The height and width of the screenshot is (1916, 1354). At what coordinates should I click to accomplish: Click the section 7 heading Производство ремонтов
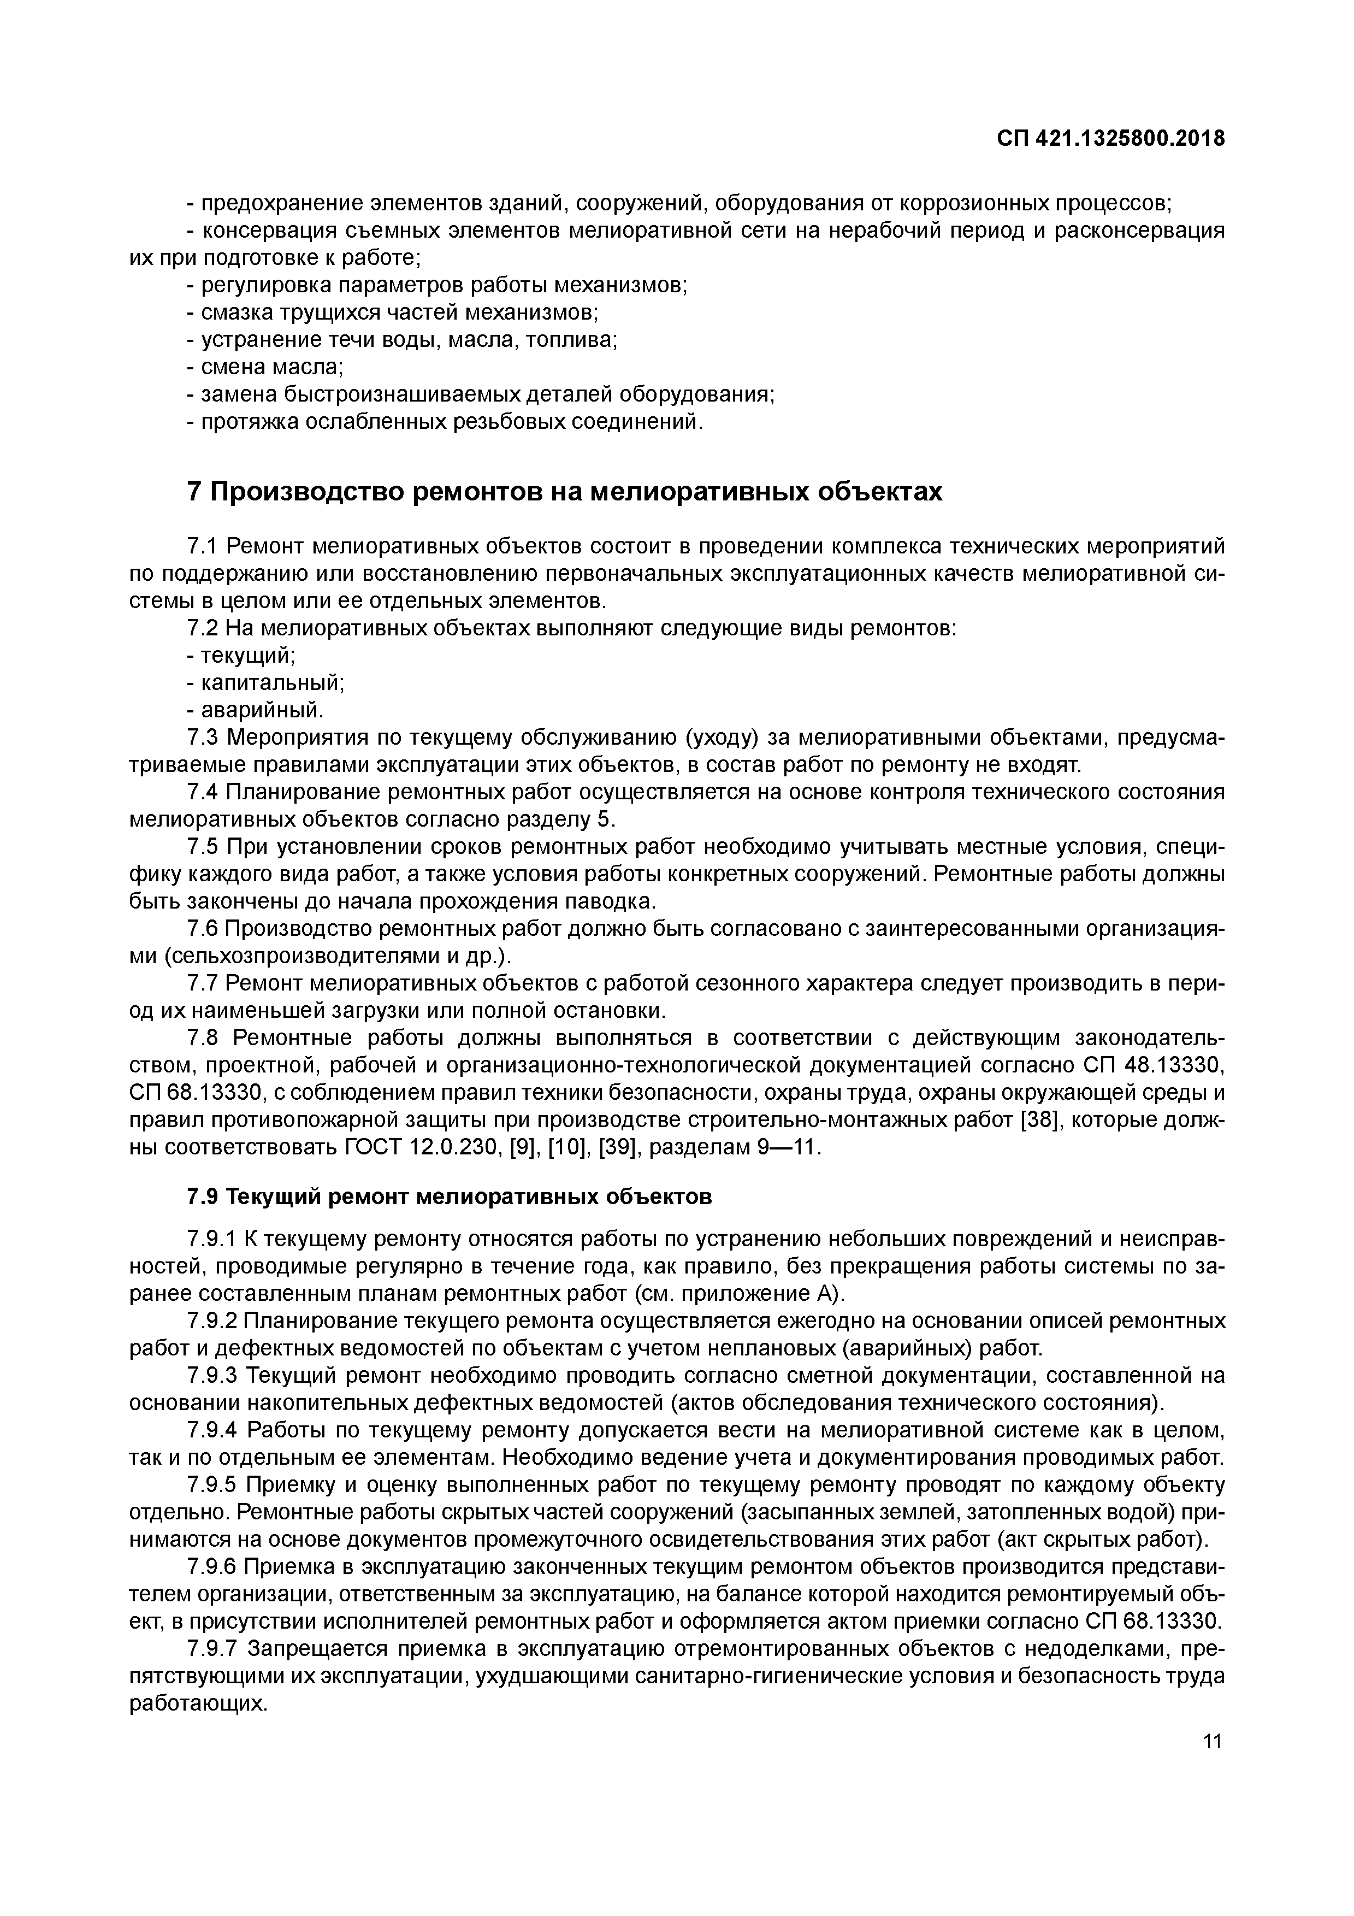[x=565, y=492]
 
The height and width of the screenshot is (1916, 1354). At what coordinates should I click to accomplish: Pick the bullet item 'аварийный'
[x=255, y=710]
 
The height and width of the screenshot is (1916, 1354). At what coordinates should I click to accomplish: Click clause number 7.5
[x=203, y=848]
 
